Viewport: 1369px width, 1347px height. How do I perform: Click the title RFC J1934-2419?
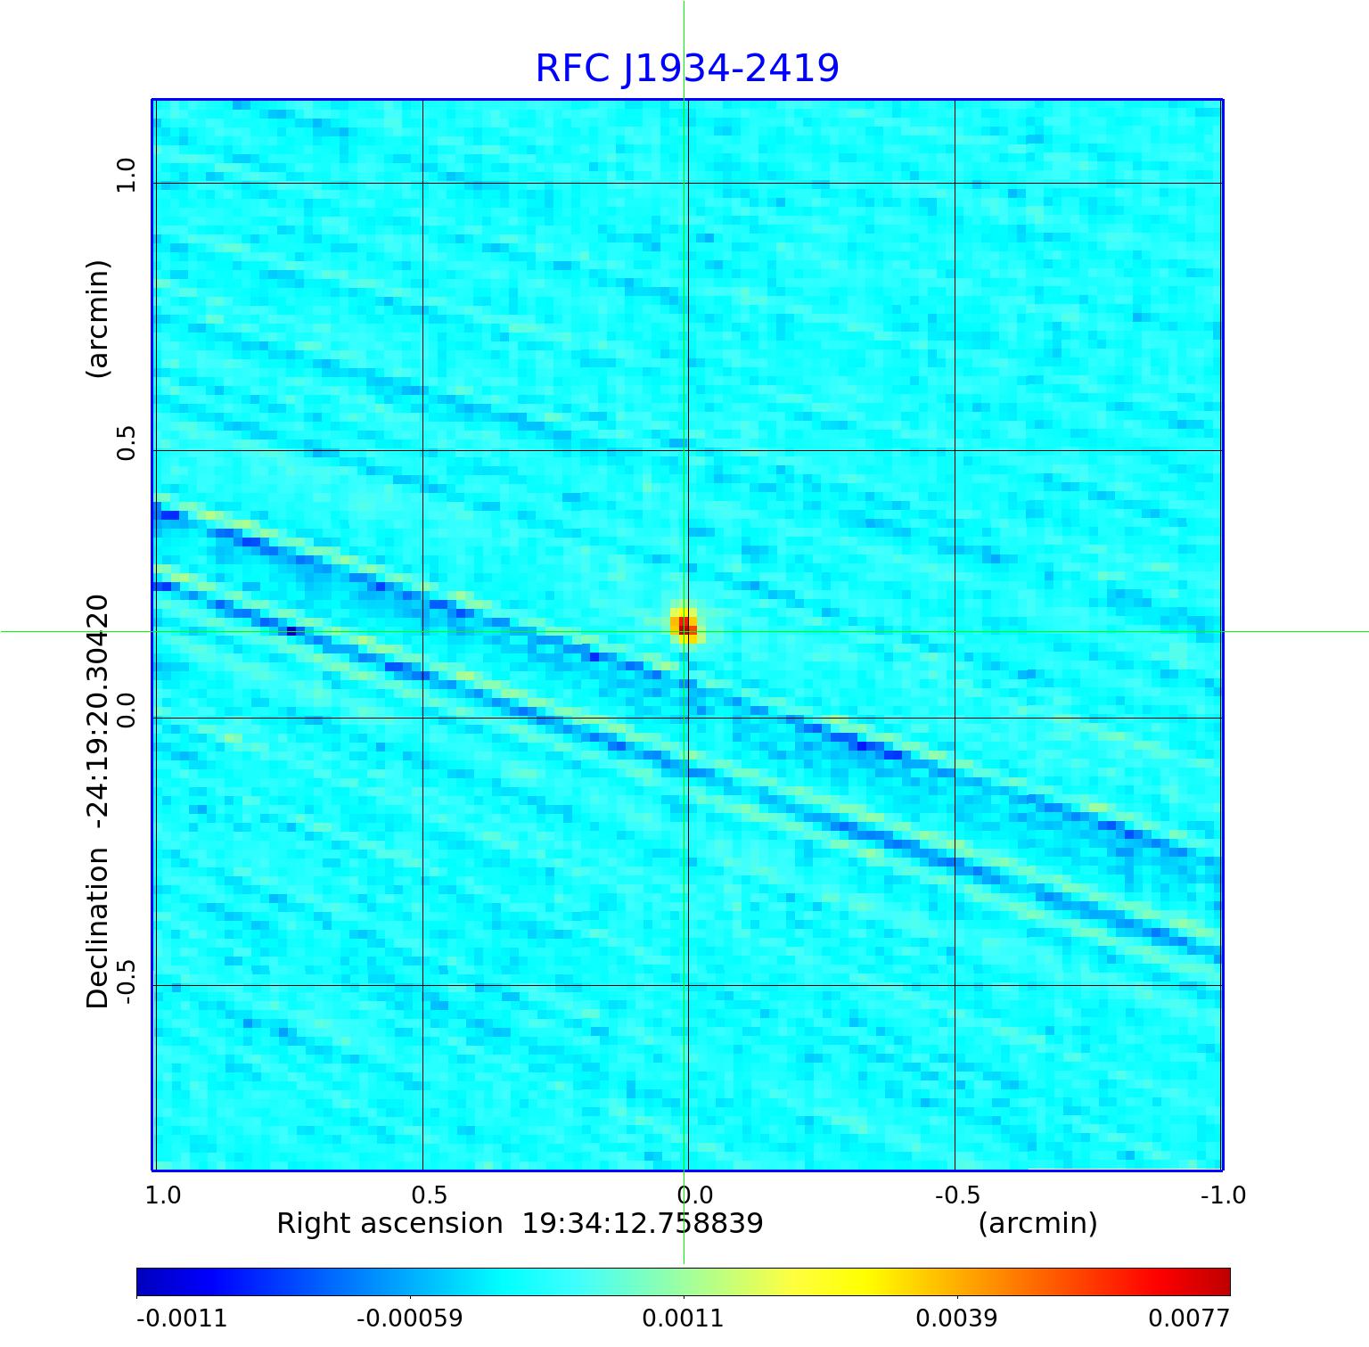tap(686, 69)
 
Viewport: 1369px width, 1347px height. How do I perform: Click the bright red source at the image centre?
tap(684, 625)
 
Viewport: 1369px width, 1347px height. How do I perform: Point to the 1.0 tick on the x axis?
tap(162, 1195)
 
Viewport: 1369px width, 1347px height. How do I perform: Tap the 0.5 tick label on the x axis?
tap(429, 1195)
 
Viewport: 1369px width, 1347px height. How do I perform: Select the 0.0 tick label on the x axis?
tap(694, 1195)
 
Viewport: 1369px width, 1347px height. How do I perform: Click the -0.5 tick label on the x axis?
tap(957, 1195)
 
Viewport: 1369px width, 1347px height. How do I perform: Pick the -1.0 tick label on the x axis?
tap(1223, 1195)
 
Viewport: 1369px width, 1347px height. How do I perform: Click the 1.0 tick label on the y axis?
tap(126, 175)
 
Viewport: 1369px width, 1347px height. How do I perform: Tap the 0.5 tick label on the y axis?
tap(126, 443)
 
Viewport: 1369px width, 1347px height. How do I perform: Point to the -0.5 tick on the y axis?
tap(126, 982)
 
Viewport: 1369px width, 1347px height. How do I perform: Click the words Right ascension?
tap(389, 1223)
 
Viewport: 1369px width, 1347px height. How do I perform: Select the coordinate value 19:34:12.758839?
tap(642, 1223)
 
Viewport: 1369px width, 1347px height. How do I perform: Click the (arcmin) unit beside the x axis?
tap(1037, 1223)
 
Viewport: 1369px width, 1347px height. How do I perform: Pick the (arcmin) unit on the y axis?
tap(97, 319)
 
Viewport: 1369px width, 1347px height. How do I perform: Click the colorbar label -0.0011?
tap(182, 1318)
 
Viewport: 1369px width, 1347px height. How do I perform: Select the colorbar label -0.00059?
tap(410, 1318)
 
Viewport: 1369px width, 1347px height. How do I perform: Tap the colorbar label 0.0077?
tap(1188, 1318)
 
